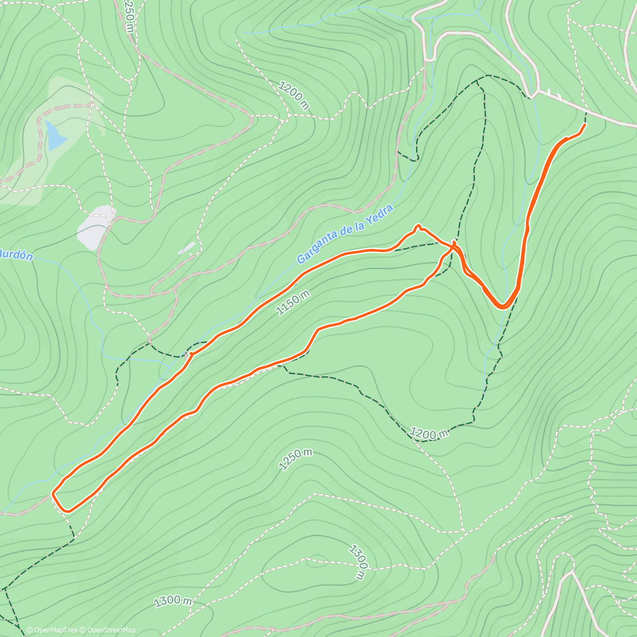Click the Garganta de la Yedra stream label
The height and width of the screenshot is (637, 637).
(345, 234)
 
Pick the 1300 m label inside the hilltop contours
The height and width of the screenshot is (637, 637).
(359, 562)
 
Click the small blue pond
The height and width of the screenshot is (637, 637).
(55, 135)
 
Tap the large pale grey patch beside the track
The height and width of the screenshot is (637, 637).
(96, 227)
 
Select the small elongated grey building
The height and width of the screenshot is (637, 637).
(186, 248)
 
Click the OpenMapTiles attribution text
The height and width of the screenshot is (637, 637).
(52, 630)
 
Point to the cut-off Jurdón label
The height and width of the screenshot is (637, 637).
(16, 255)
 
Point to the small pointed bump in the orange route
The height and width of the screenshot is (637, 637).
(418, 227)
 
